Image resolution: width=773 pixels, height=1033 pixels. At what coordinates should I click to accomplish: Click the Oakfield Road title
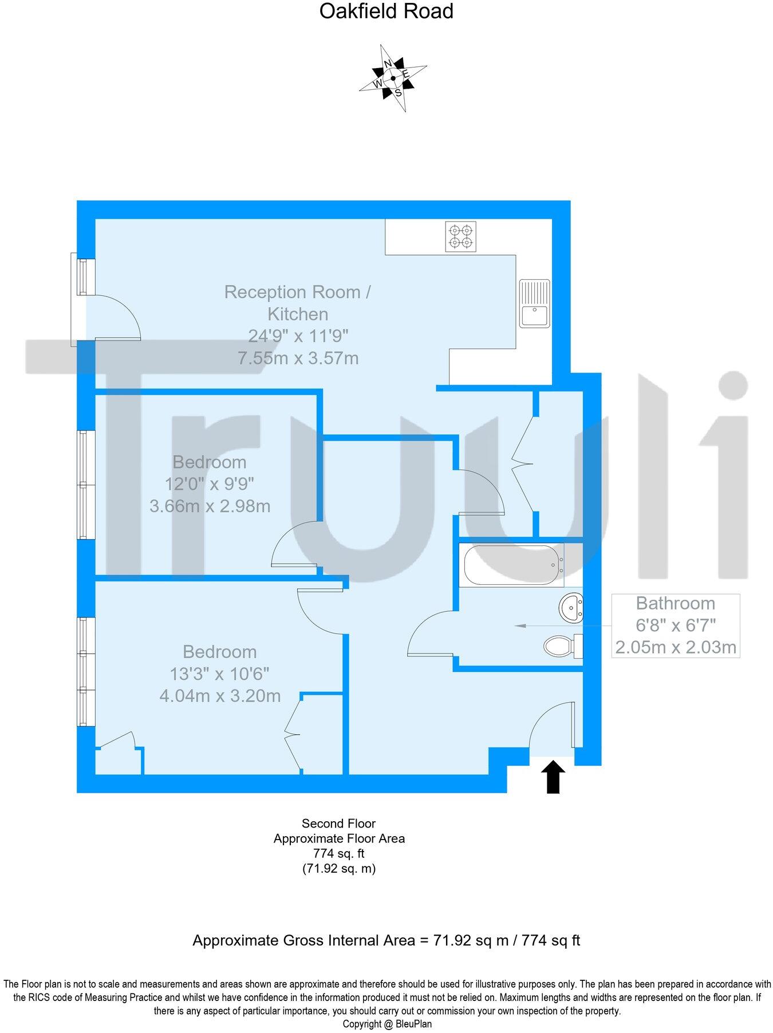[386, 11]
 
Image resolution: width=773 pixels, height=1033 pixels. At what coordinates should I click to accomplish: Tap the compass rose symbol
[393, 78]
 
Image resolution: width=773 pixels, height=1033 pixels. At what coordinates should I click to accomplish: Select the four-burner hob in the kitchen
[461, 237]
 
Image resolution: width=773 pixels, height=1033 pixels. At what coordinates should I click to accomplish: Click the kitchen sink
[534, 303]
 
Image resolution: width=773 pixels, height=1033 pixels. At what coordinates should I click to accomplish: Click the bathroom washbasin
[571, 608]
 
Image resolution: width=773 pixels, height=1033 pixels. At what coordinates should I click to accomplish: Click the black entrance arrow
[553, 777]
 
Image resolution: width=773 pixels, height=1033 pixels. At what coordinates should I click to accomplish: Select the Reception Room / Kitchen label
[298, 303]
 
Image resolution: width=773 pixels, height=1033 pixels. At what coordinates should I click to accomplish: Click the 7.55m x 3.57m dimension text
[298, 358]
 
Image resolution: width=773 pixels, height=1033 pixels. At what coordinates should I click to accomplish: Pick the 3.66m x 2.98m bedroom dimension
[210, 506]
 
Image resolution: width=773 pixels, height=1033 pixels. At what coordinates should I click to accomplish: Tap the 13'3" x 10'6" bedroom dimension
[219, 674]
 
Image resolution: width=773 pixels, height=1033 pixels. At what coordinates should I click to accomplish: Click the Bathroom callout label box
[676, 625]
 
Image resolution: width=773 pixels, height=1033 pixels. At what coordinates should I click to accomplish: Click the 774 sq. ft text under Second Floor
[338, 853]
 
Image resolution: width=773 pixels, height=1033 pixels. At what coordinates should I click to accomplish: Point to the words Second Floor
[338, 824]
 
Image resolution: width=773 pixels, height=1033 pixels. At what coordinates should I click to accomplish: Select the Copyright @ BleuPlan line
[387, 1024]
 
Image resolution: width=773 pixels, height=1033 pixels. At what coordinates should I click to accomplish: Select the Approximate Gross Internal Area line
[386, 940]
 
